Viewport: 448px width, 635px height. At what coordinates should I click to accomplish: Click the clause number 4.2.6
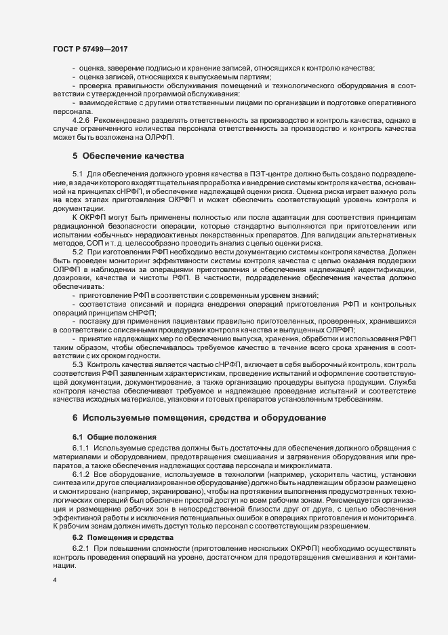click(x=81, y=119)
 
